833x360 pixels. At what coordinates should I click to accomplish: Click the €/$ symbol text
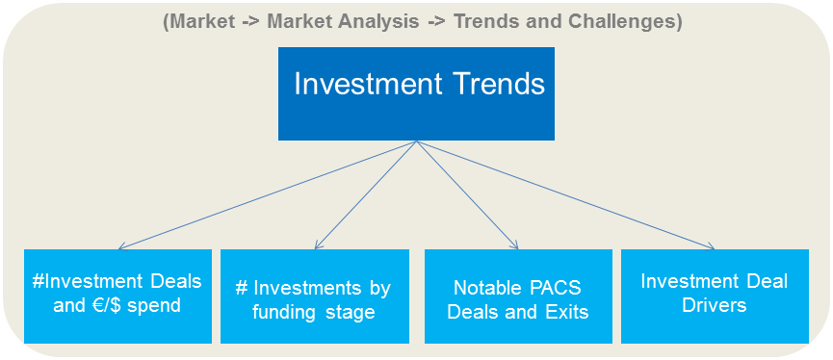pos(111,306)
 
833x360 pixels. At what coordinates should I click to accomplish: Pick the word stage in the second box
pos(351,312)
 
